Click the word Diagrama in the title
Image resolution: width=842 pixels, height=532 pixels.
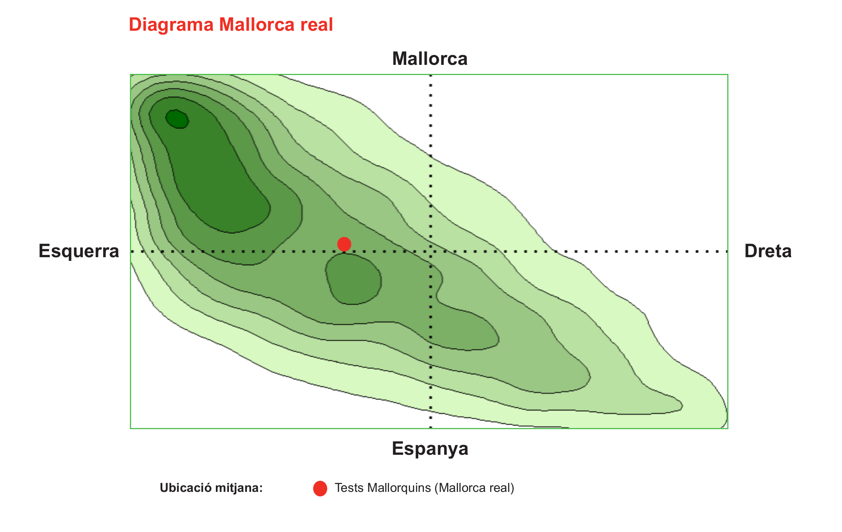coord(171,25)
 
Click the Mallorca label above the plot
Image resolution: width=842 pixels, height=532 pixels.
coord(430,59)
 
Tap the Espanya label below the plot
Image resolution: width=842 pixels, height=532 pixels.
coord(430,449)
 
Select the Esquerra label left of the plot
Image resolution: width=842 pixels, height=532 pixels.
coord(79,251)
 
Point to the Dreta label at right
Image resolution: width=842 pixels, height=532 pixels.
coord(768,251)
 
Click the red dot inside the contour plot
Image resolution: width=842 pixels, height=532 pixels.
coord(344,244)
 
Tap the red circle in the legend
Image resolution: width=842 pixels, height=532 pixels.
coord(320,489)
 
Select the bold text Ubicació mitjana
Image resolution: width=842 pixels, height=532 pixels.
coord(211,488)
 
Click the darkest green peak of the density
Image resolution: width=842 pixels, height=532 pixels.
coord(177,119)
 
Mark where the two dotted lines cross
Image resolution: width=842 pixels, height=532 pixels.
coord(431,251)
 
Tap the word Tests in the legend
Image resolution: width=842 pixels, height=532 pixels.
coord(349,488)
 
